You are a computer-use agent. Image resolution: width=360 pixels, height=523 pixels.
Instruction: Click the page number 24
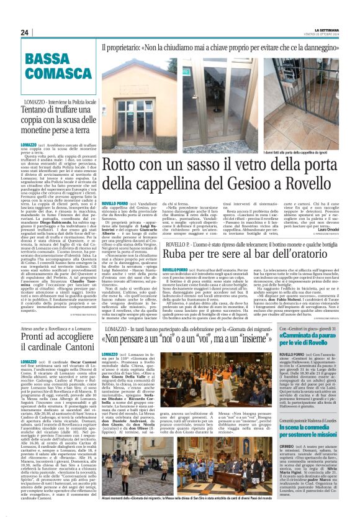24,32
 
